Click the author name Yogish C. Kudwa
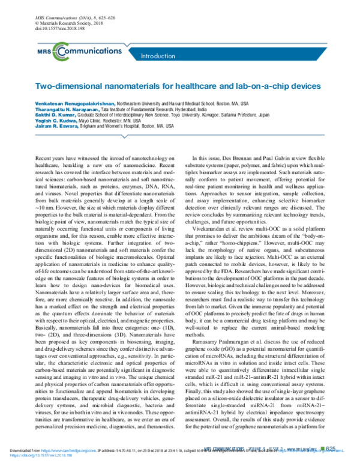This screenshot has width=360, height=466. tap(50, 121)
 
